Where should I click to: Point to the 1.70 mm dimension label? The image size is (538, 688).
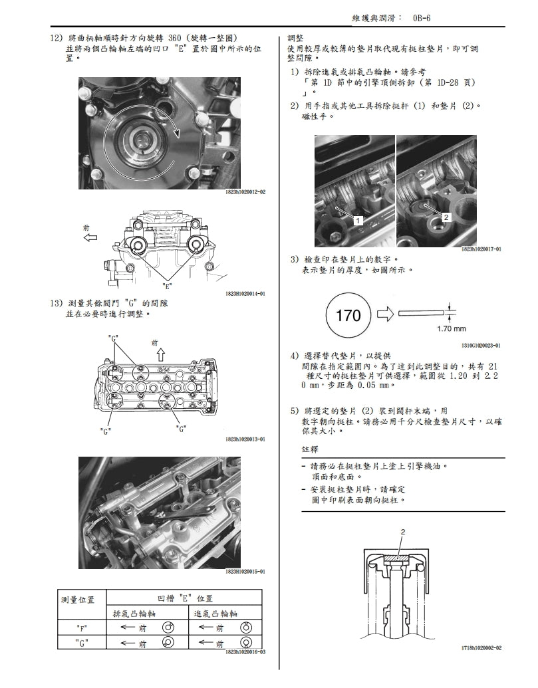[452, 328]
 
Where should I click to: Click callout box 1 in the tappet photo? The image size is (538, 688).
[358, 219]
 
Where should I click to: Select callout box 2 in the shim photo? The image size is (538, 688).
[446, 217]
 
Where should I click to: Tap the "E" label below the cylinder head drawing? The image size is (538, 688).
[168, 287]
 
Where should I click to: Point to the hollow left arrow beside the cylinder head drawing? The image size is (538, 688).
[88, 237]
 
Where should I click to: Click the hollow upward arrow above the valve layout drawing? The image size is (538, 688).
[160, 354]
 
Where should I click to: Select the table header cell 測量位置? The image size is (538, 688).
[78, 600]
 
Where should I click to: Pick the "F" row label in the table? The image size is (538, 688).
[82, 627]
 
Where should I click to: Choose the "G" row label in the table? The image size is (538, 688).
[82, 643]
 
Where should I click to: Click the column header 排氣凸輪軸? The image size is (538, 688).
[138, 614]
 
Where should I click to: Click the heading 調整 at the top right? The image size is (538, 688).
[296, 38]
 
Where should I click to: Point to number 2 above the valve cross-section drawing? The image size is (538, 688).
[402, 532]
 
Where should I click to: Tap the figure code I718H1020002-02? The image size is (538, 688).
[481, 647]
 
